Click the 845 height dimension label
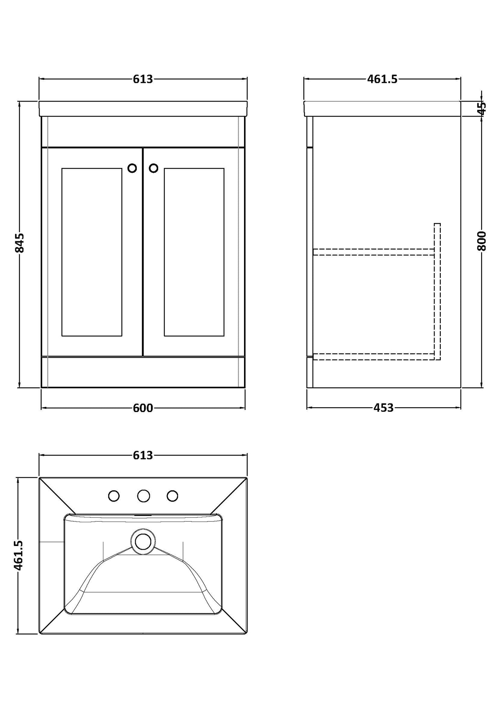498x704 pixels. [x=20, y=243]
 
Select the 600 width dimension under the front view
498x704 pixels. [x=143, y=408]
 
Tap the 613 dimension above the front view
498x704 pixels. [x=143, y=79]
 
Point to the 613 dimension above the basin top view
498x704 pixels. [x=143, y=455]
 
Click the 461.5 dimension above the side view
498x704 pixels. [x=382, y=79]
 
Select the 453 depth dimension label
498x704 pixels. [x=383, y=408]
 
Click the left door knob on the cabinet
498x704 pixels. [x=132, y=168]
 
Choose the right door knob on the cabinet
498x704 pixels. [x=153, y=168]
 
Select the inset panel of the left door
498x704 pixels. [x=92, y=252]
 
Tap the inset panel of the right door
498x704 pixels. [x=194, y=252]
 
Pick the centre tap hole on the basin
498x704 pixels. [x=143, y=496]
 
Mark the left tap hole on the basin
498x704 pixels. [x=114, y=496]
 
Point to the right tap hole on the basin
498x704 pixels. [x=172, y=496]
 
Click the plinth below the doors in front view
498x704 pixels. [x=143, y=372]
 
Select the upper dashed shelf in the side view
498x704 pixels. [x=373, y=252]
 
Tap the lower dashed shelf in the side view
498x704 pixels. [x=373, y=357]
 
